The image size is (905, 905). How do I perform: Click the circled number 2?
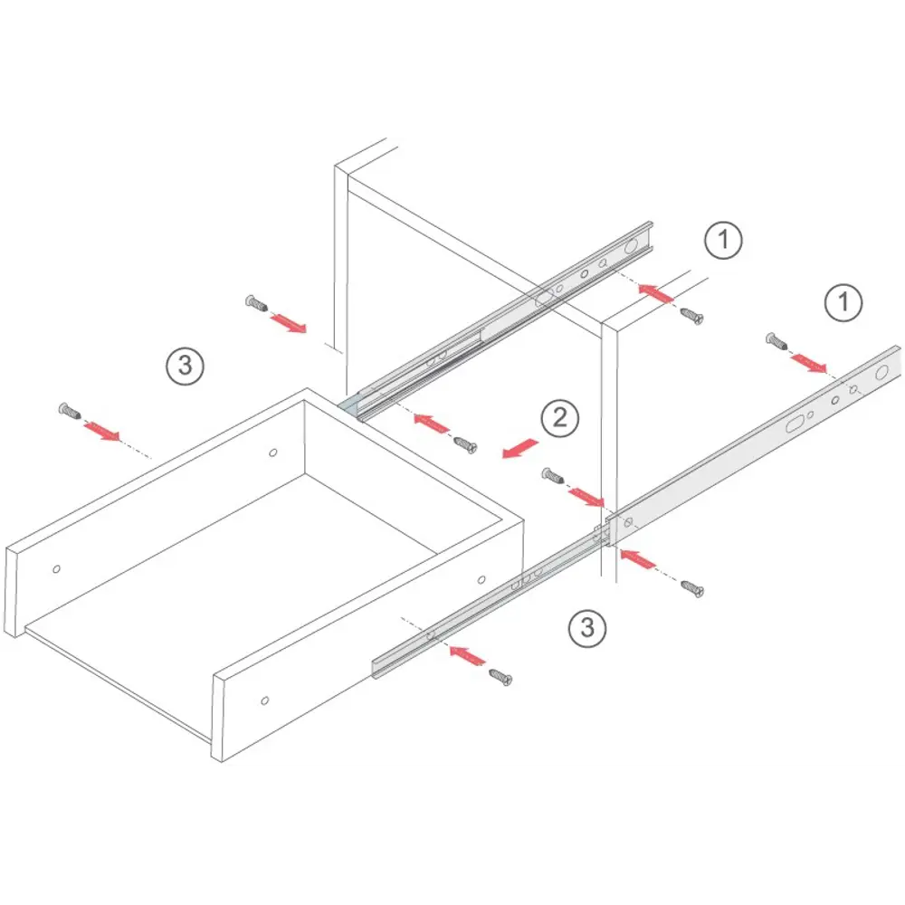click(560, 418)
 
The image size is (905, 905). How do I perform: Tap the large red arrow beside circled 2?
click(520, 449)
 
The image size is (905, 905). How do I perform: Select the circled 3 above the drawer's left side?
click(186, 366)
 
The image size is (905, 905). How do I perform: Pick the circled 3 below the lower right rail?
click(587, 628)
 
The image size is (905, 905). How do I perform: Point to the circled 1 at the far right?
click(843, 302)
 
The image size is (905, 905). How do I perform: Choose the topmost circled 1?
click(723, 240)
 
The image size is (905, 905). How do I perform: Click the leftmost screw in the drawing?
click(70, 412)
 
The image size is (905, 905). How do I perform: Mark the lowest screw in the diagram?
click(500, 676)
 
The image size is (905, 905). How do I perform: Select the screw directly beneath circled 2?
click(553, 476)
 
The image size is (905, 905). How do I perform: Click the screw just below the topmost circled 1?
click(691, 316)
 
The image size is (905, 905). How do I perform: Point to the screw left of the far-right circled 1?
click(776, 341)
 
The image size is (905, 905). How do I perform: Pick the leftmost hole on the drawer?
click(56, 569)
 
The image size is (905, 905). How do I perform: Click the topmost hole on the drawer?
click(273, 452)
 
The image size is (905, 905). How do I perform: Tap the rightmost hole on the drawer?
click(481, 579)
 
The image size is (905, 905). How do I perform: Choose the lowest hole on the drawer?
click(265, 700)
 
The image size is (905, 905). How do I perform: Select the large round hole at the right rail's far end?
click(881, 372)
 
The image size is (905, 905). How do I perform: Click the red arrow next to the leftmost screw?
click(101, 431)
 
